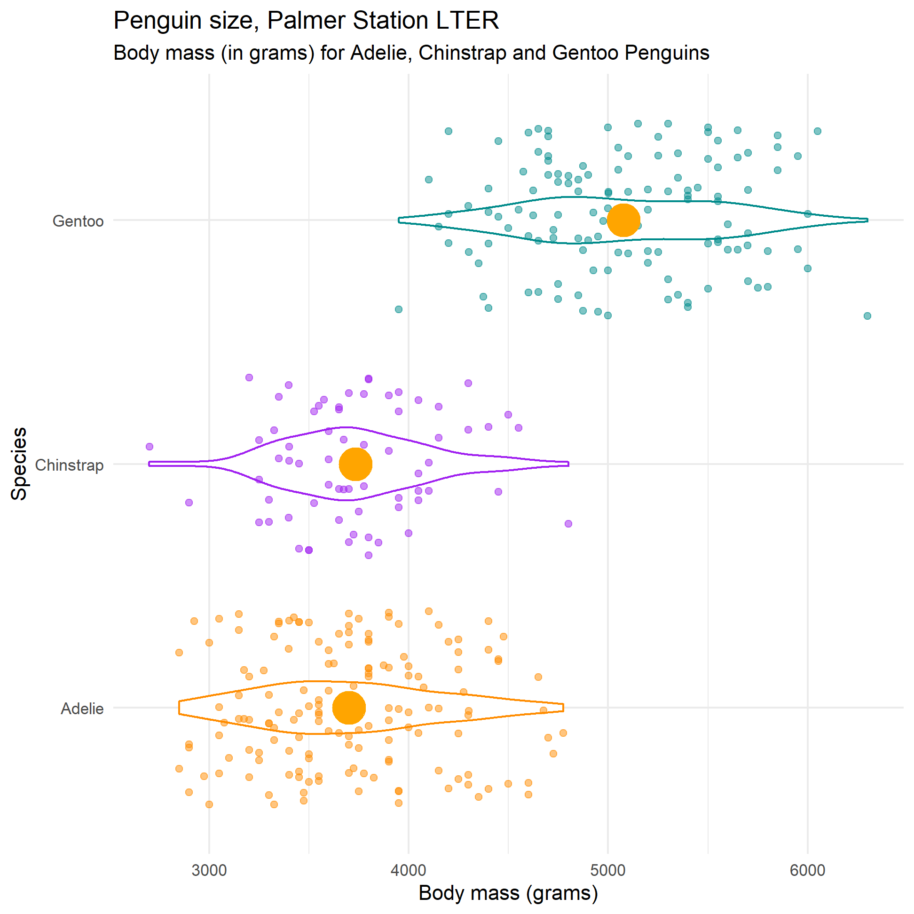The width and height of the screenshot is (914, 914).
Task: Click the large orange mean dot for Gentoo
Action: pos(623,220)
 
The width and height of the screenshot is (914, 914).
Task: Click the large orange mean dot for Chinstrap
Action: pos(355,464)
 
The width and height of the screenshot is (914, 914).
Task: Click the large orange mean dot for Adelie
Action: pos(349,708)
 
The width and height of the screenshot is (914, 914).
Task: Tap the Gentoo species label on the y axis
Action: pos(78,221)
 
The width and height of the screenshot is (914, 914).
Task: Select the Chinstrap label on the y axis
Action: pos(69,465)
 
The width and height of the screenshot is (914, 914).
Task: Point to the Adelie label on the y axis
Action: pos(82,709)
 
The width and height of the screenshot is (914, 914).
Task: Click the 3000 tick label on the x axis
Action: pos(209,870)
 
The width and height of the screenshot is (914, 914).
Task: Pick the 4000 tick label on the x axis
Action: pos(409,870)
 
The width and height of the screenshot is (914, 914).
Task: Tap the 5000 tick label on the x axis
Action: pos(608,870)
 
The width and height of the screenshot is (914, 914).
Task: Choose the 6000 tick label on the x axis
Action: pos(808,870)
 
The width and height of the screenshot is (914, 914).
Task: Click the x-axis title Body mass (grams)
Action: pos(508,893)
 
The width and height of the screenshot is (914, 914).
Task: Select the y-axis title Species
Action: pos(19,464)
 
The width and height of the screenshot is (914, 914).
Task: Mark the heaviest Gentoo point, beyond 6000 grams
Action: pos(867,316)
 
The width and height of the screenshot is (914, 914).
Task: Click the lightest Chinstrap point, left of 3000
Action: pos(150,447)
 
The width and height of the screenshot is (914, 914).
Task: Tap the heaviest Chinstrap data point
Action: pos(568,524)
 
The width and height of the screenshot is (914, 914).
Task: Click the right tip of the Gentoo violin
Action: pos(867,220)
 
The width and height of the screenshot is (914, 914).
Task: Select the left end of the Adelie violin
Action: pos(179,708)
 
